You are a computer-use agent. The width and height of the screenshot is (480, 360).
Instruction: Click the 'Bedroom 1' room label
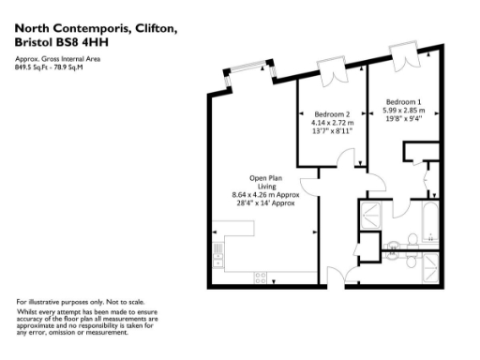404,101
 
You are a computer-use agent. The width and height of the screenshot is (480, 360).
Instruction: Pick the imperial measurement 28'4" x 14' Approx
267,203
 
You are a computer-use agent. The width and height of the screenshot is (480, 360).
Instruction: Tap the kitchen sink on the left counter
218,252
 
